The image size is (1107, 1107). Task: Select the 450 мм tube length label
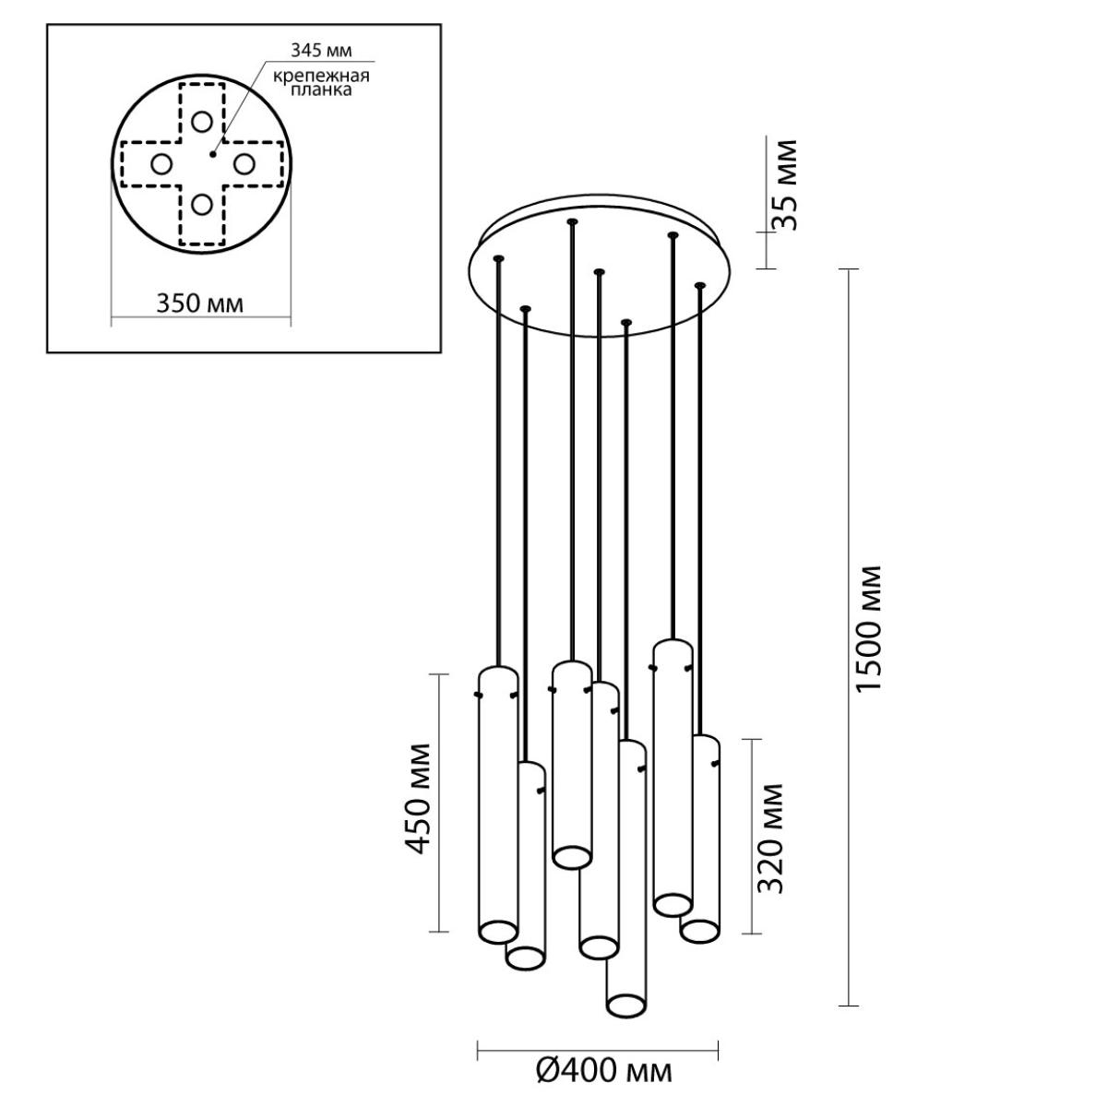416,799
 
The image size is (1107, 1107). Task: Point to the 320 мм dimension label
770,839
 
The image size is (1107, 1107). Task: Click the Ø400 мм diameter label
603,1070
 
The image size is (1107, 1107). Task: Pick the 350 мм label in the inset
200,304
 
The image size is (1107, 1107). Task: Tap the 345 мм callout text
321,51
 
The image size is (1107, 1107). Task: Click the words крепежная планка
321,83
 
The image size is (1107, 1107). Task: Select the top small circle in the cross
202,122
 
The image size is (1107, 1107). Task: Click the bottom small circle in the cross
202,204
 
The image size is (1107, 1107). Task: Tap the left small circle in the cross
161,164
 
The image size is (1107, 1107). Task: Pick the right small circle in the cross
244,164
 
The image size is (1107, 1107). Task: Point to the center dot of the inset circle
212,154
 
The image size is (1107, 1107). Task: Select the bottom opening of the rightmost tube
699,932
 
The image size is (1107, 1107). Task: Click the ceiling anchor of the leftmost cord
498,258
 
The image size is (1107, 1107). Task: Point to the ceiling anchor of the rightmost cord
699,285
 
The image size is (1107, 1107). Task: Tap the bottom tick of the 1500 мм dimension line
849,1022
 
